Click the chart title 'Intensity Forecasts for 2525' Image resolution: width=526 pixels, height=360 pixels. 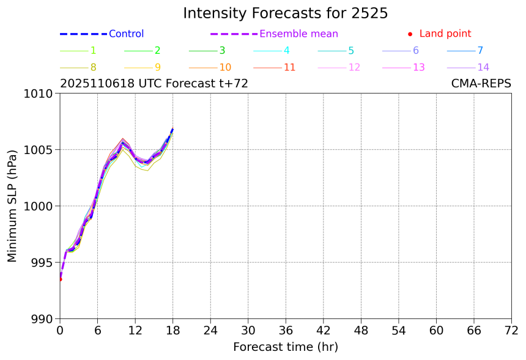coord(285,13)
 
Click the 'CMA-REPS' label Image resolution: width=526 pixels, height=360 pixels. coord(481,84)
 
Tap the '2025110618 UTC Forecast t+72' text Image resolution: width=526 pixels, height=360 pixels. coord(154,84)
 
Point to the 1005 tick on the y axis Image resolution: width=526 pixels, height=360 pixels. coord(40,150)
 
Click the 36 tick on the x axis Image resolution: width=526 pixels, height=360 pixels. coord(286,331)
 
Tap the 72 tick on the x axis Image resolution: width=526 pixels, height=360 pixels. coord(511,331)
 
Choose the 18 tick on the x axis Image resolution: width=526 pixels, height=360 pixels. coord(173,331)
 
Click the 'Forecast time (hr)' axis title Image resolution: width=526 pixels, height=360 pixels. coord(285,347)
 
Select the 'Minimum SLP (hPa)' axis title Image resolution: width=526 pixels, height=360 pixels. coord(13,206)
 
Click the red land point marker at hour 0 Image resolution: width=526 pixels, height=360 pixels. coord(60,279)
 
